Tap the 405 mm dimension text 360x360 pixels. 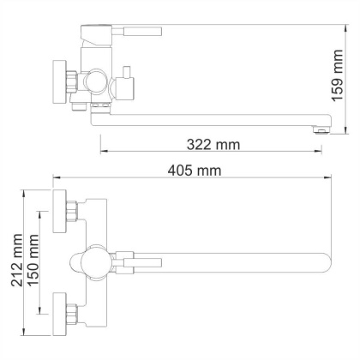pos(195,171)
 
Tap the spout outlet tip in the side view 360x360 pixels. pos(319,129)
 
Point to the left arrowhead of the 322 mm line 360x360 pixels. pos(105,155)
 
